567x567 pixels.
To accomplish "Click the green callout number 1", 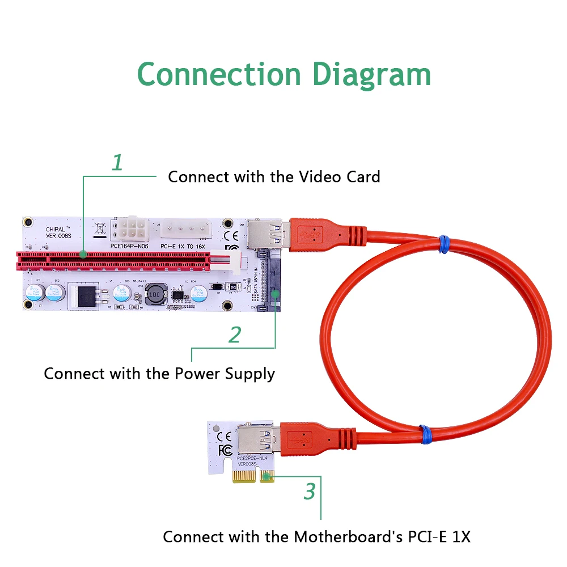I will (117, 163).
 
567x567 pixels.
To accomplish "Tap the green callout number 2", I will (235, 335).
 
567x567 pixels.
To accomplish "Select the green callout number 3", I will (309, 491).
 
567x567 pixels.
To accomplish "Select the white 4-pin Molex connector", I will (184, 229).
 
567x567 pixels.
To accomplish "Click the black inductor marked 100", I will (156, 294).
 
